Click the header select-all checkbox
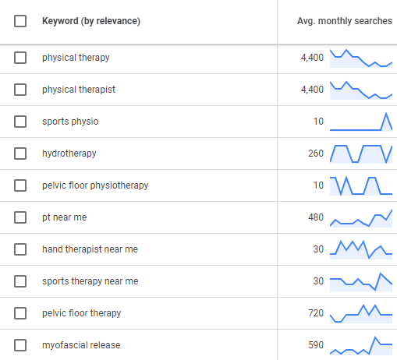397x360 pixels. point(20,21)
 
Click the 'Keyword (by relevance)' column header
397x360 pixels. point(91,21)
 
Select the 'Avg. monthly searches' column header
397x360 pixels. point(345,21)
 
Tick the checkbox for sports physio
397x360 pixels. point(20,122)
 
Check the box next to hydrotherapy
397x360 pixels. point(20,154)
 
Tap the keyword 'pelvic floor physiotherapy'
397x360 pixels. point(95,185)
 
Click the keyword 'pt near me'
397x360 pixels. point(65,217)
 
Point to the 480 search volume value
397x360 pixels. point(316,217)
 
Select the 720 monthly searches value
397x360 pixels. point(316,313)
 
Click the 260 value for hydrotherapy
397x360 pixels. point(316,154)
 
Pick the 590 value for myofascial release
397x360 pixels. point(316,345)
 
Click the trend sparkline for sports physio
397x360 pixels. point(362,122)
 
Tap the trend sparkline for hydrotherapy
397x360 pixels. point(362,154)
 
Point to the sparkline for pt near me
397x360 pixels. point(362,217)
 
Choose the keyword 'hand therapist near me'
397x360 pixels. point(90,249)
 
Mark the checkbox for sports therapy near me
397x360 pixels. point(20,281)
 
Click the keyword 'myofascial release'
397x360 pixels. point(81,345)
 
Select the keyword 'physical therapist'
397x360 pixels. point(79,90)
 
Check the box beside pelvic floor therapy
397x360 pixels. point(20,313)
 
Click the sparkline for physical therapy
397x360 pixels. point(362,58)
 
